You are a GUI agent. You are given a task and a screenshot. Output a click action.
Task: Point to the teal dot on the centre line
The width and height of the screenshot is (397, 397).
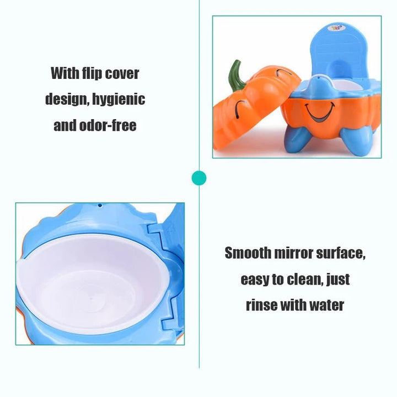point(198,178)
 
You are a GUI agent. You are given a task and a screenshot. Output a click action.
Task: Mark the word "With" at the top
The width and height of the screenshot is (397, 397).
point(64,73)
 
